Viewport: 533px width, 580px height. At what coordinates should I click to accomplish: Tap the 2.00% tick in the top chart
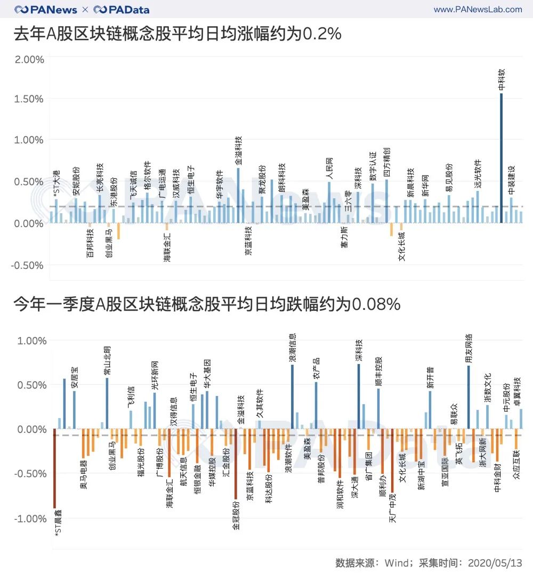click(29, 59)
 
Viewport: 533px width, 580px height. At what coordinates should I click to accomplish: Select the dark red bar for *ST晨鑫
click(54, 469)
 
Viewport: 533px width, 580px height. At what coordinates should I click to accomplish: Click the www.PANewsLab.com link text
click(478, 10)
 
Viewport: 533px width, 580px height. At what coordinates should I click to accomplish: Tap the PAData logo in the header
click(122, 10)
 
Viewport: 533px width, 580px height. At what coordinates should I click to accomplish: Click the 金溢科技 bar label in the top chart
click(238, 150)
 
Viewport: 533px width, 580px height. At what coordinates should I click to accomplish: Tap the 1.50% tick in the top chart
click(29, 99)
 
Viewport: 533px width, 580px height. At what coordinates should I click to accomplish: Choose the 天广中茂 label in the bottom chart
click(393, 512)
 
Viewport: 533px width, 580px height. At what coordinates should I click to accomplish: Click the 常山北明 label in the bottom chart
click(107, 361)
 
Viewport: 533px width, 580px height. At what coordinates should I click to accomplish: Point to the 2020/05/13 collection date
click(495, 563)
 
